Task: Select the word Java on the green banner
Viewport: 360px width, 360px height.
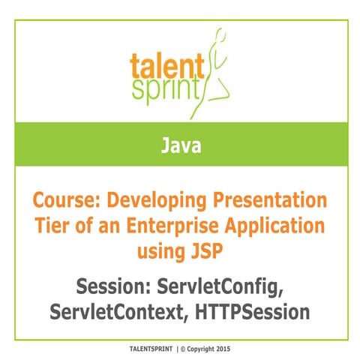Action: coord(180,145)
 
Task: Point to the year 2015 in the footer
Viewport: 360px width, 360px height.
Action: coord(235,349)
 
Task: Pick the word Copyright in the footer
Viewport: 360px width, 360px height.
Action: coord(210,349)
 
